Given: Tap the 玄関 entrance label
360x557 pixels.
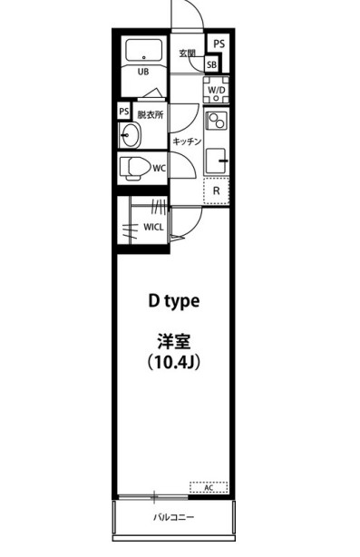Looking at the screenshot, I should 188,53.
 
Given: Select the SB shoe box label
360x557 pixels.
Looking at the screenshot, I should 211,64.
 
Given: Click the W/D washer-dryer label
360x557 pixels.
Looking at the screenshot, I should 217,91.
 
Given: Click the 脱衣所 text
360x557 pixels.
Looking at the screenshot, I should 151,115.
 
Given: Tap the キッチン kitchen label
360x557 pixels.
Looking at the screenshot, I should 186,142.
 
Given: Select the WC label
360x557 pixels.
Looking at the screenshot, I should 158,168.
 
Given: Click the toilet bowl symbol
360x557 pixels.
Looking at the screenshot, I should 134,167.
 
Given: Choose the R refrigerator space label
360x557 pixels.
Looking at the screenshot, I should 216,191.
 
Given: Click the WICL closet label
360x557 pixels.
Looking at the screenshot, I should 153,227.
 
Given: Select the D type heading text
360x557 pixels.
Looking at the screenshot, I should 174,300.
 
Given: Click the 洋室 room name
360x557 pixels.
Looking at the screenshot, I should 173,342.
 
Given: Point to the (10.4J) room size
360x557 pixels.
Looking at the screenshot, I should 173,363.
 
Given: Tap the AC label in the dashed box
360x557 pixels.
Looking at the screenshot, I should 208,488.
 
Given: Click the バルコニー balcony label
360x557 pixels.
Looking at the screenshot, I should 172,518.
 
